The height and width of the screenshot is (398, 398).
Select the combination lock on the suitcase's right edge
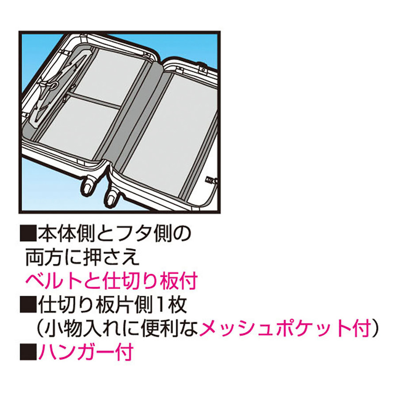pyautogui.click(x=210, y=179)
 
